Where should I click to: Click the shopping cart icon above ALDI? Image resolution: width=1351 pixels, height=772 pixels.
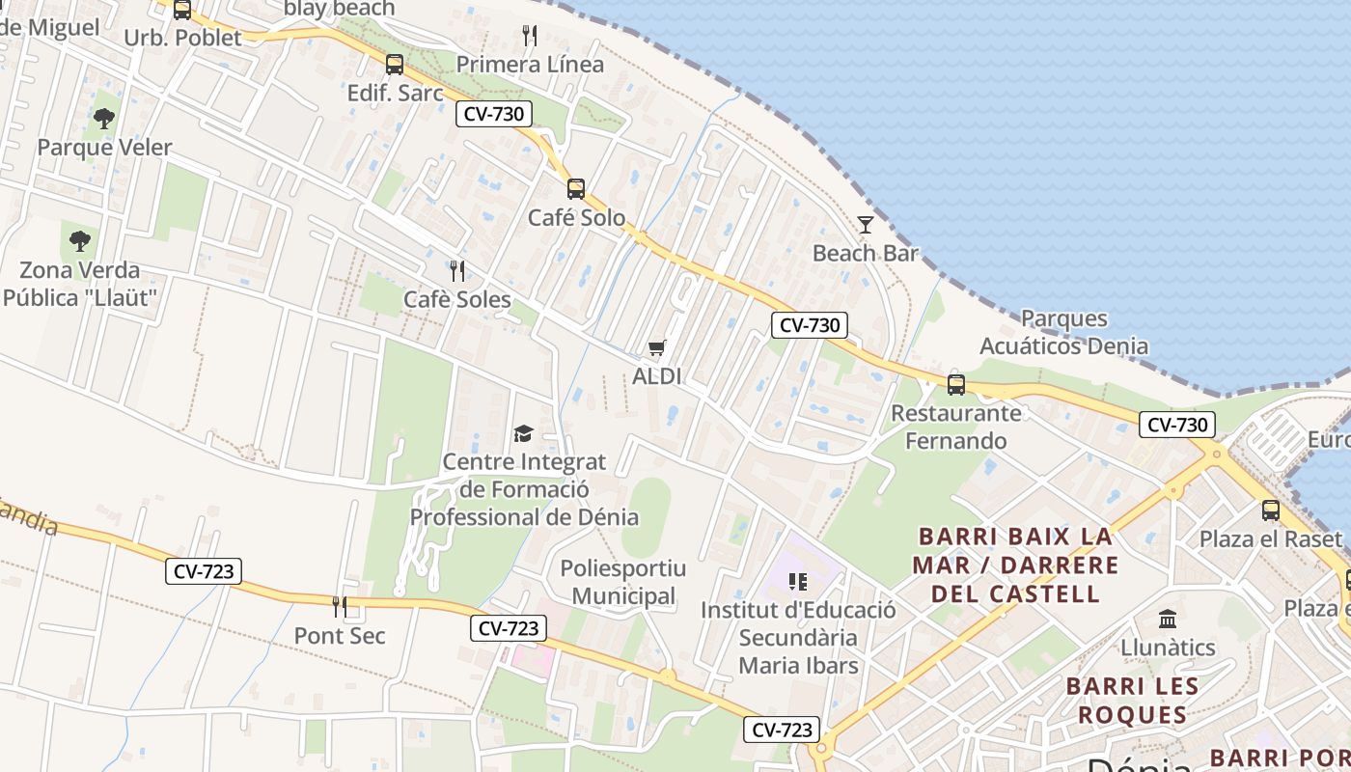click(x=657, y=348)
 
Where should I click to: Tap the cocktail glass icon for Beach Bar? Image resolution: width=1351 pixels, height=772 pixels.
click(x=866, y=225)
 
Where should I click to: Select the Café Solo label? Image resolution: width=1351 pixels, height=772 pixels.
click(x=576, y=217)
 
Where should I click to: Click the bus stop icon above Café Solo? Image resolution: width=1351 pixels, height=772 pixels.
click(x=576, y=188)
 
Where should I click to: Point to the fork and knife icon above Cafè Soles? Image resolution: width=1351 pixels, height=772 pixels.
click(x=457, y=271)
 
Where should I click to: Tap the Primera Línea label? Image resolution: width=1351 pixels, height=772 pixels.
click(x=530, y=65)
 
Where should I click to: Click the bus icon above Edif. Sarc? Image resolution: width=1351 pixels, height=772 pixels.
click(x=394, y=65)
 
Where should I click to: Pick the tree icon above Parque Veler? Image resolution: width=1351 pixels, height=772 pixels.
click(x=104, y=119)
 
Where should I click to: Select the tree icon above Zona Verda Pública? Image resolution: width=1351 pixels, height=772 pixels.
click(x=80, y=240)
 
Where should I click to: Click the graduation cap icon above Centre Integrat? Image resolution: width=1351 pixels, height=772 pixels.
click(x=523, y=433)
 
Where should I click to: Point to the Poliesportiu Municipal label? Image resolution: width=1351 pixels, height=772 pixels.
click(x=623, y=582)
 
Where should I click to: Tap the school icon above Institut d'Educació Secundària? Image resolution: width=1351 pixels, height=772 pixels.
click(x=797, y=581)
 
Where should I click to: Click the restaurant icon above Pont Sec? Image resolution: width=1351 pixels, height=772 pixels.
click(x=340, y=607)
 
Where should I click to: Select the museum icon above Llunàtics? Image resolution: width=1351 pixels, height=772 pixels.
click(x=1168, y=618)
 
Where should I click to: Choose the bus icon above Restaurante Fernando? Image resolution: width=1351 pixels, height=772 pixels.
click(x=956, y=384)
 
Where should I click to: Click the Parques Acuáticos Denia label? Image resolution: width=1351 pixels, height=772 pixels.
click(x=1064, y=332)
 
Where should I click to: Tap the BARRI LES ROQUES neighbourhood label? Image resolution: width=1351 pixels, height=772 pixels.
click(x=1132, y=701)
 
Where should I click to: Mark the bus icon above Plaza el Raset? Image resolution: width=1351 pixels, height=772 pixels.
click(x=1271, y=510)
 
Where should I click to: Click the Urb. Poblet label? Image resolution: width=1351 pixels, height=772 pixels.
click(x=183, y=38)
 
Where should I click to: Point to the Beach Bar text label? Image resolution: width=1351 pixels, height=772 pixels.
click(x=866, y=254)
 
